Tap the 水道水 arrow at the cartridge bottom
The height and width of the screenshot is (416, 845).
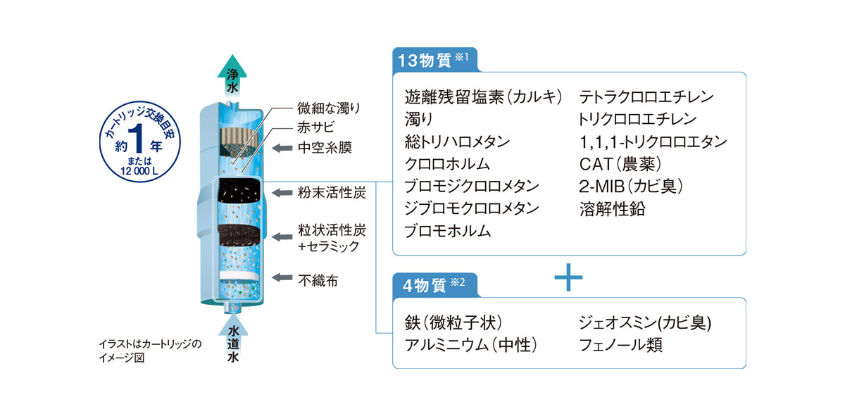(x=233, y=339)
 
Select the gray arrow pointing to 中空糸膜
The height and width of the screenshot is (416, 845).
(x=282, y=148)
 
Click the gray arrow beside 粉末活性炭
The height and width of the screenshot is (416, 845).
(x=282, y=193)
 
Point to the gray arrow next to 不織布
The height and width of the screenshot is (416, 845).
(x=282, y=277)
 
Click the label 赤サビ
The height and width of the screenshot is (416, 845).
(x=315, y=127)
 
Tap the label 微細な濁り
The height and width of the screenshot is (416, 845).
(x=329, y=108)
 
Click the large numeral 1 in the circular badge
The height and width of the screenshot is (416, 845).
(x=137, y=138)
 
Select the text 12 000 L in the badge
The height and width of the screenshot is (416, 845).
(x=139, y=171)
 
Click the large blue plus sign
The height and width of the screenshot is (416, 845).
(x=568, y=277)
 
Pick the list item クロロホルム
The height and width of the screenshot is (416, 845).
(x=447, y=164)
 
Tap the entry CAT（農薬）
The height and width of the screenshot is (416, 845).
(x=620, y=164)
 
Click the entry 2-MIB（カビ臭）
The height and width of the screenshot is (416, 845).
(x=631, y=187)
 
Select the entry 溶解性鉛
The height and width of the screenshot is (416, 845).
(x=612, y=209)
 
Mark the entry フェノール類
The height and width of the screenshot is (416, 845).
(x=620, y=345)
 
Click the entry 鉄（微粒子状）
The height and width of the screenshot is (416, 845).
(x=453, y=322)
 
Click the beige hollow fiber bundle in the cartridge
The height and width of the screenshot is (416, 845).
(x=239, y=137)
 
